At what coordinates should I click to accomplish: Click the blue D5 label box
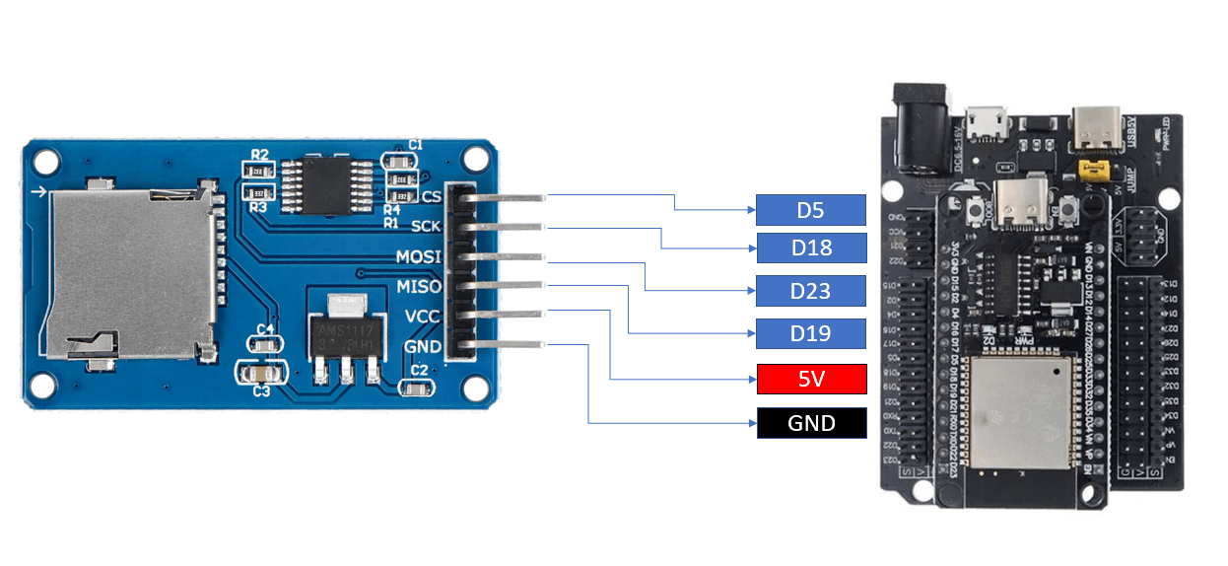[810, 210]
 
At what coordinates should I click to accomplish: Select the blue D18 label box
[810, 248]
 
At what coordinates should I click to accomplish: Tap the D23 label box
[810, 291]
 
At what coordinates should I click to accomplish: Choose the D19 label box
[810, 333]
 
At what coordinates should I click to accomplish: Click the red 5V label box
[810, 380]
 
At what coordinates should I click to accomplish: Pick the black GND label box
[810, 423]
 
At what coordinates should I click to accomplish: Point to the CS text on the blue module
[431, 195]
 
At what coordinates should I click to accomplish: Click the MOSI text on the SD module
[419, 256]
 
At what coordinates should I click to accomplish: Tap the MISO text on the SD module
[419, 287]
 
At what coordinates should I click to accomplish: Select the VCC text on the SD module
[423, 318]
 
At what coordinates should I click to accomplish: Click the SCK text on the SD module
[426, 226]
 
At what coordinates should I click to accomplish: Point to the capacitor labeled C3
[261, 375]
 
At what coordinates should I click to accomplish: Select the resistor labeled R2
[260, 169]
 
